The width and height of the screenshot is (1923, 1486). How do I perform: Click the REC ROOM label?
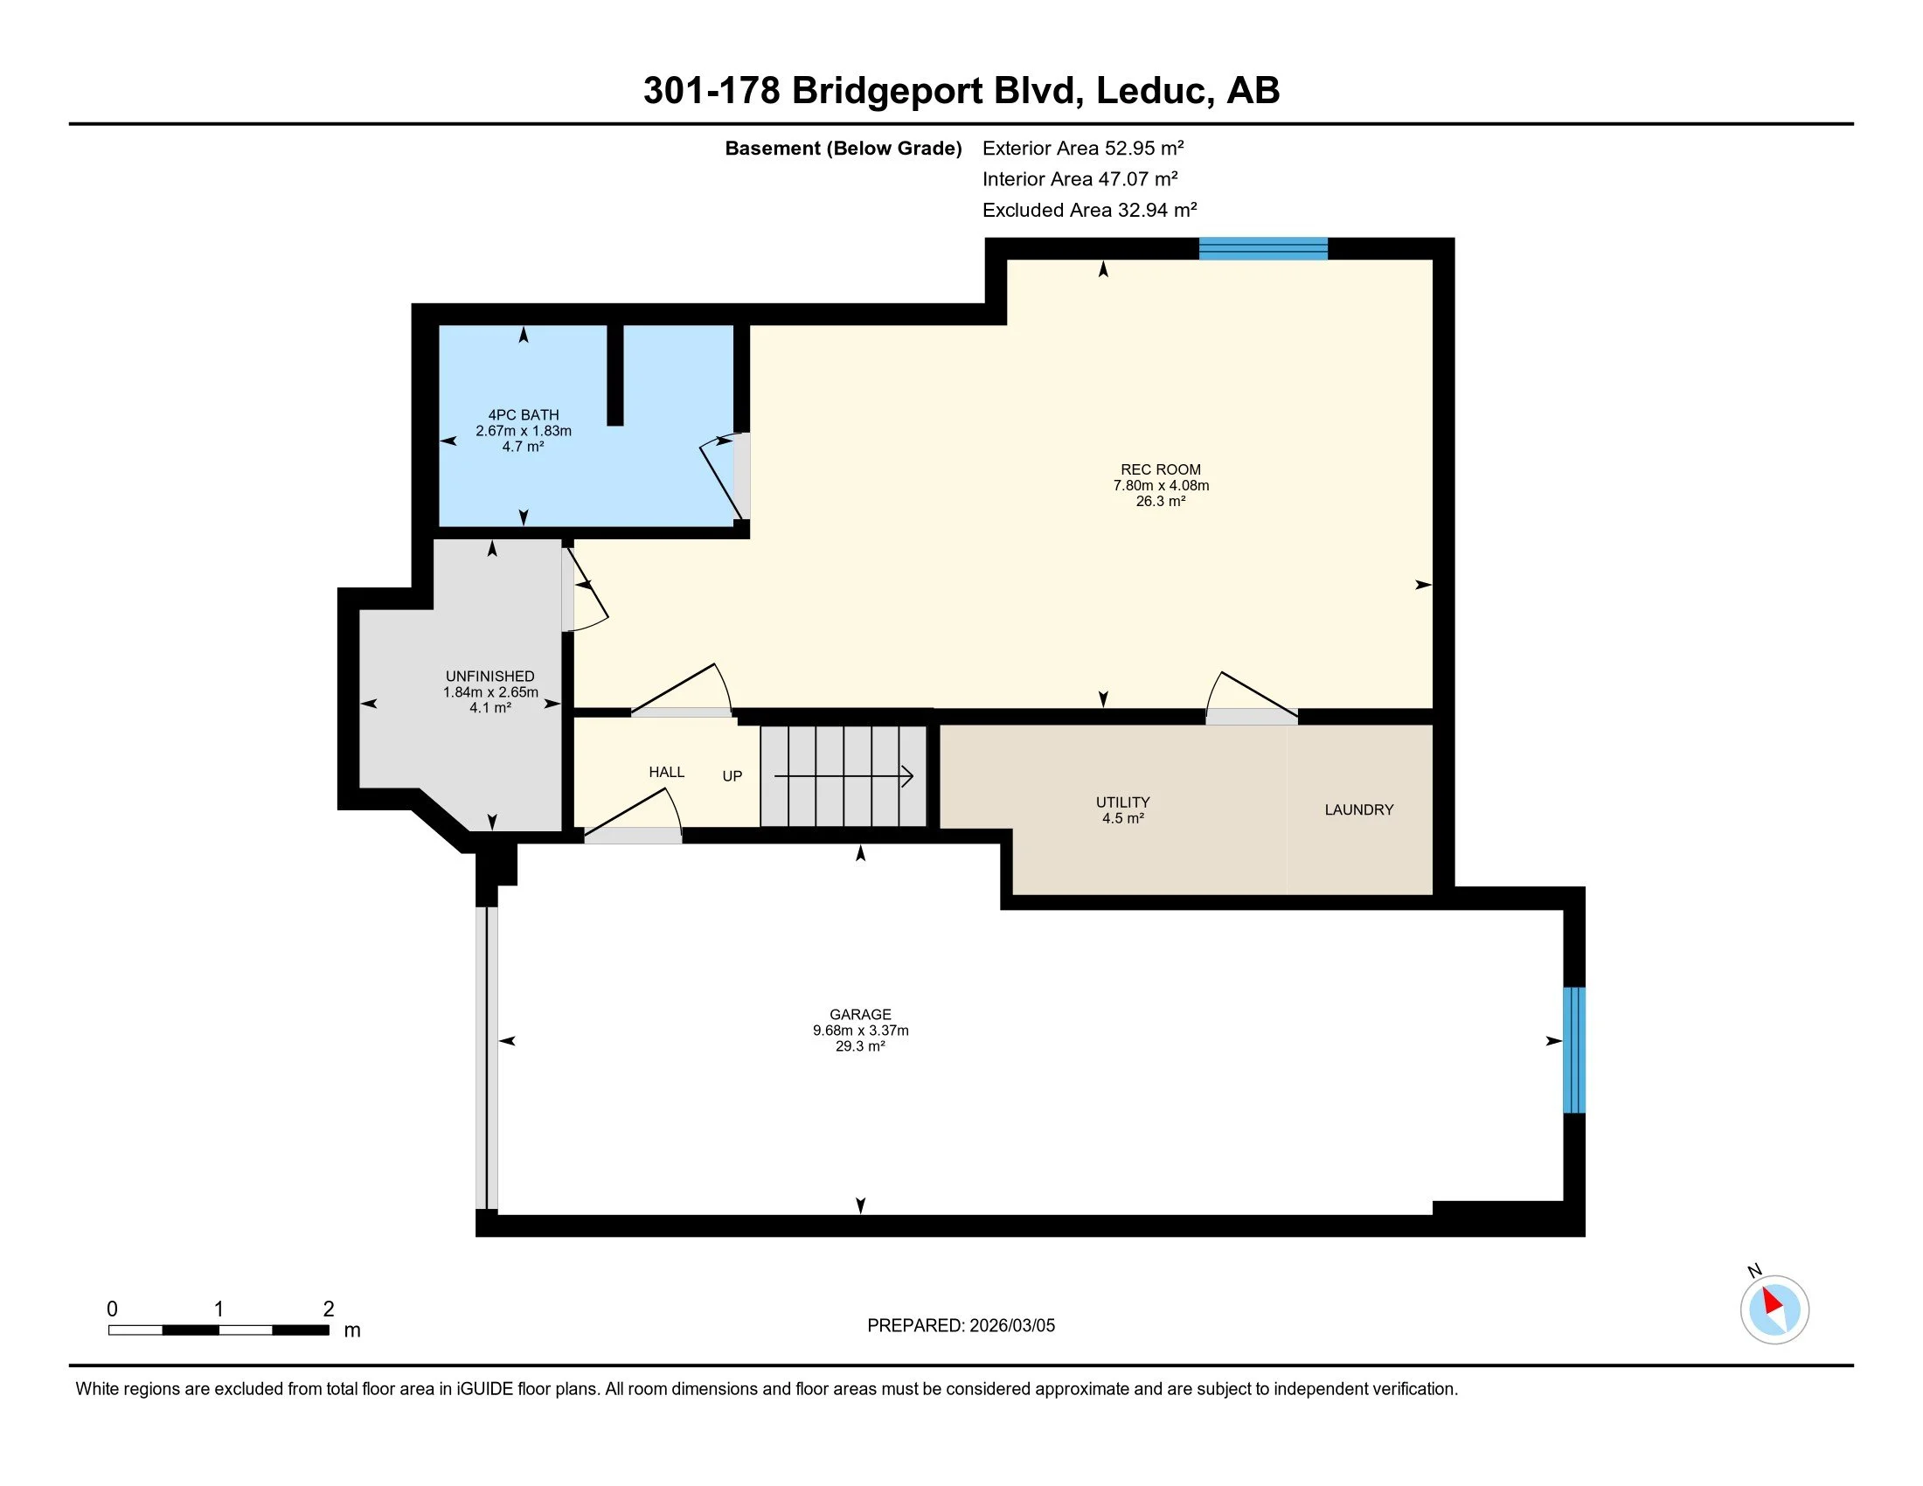pos(1161,469)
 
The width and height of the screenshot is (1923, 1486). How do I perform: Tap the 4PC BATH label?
pos(524,414)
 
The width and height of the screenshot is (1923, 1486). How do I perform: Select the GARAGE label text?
pos(860,1014)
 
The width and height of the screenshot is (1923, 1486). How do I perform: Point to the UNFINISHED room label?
pos(490,676)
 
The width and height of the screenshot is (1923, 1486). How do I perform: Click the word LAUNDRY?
pos(1359,810)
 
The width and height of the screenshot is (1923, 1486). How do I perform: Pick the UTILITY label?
pos(1122,802)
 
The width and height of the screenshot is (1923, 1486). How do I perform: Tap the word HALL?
pos(667,772)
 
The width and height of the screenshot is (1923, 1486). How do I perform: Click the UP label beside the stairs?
pos(732,776)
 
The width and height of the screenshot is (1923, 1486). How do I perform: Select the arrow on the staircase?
pos(843,776)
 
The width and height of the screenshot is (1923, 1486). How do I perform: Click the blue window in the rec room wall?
pos(1264,248)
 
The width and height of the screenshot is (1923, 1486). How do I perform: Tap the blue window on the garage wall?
pos(1574,1050)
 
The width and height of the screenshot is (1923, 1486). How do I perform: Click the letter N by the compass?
pos(1755,1270)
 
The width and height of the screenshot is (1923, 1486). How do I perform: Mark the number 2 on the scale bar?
pos(329,1309)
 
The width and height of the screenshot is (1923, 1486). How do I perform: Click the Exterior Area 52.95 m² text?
pos(1083,148)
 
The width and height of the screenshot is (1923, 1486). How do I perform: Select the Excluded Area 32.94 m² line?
pos(1090,210)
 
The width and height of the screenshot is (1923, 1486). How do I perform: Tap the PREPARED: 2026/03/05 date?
pos(961,1326)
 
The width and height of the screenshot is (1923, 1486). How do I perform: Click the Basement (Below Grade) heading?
pos(843,148)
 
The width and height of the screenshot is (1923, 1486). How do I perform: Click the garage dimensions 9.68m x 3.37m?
pos(860,1030)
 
